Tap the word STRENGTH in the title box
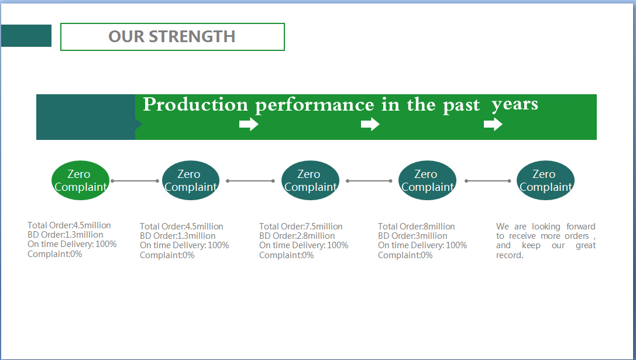pos(192,36)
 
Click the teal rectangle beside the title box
pos(26,36)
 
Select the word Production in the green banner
pos(195,105)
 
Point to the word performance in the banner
pos(314,105)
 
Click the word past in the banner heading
pos(461,106)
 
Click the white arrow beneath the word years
pos(493,124)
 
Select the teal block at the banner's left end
pos(86,117)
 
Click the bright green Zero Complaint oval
pos(80,181)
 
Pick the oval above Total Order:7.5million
pos(310,181)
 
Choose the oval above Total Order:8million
pos(427,181)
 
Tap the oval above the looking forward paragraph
pos(545,181)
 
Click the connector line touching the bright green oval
pos(135,181)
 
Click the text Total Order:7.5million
pos(301,227)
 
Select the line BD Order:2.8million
pos(297,236)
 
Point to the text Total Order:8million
pos(416,227)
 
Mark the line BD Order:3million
pos(412,236)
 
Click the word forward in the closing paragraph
pos(581,227)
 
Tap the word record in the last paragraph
pos(508,255)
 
